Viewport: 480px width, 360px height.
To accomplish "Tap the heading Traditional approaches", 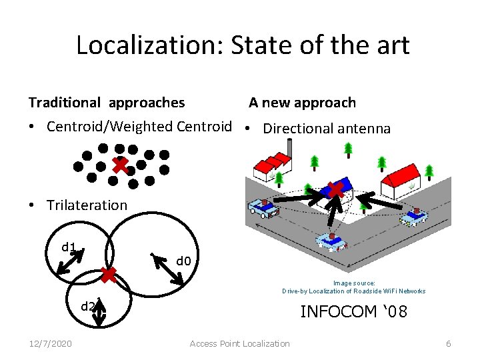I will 107,103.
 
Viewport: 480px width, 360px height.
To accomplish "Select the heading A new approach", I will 303,103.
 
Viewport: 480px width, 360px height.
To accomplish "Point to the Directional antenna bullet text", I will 327,129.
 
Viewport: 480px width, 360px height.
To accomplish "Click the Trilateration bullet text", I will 87,205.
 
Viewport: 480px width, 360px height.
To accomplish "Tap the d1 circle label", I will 69,247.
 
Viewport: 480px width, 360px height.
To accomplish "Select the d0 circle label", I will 184,259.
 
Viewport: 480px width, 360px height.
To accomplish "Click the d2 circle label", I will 87,306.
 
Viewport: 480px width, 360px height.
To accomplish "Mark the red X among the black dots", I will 120,164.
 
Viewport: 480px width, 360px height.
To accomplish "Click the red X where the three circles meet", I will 109,273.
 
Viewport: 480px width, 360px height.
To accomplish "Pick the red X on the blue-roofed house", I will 337,189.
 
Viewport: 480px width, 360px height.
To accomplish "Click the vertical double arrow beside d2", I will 99,313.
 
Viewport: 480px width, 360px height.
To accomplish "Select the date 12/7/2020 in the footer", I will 51,343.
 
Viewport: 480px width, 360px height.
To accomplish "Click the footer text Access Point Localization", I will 239,343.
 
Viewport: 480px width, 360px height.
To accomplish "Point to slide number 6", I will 449,343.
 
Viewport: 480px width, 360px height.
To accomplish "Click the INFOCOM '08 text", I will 353,311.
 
